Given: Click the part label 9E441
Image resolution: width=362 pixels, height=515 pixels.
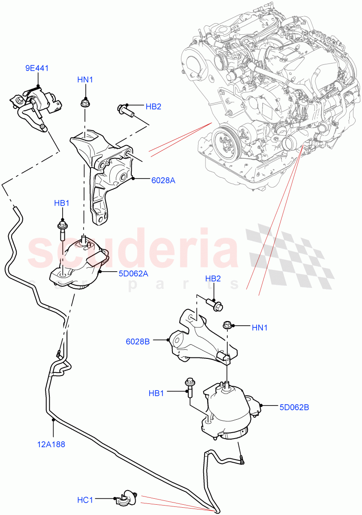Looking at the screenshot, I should click(38, 67).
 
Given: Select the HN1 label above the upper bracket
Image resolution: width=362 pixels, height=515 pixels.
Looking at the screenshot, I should click(85, 80).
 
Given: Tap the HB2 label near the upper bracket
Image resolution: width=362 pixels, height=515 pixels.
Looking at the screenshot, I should click(153, 106).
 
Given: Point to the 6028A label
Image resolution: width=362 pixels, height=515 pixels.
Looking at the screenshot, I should click(163, 181).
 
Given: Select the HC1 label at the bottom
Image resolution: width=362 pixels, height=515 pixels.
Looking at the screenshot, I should click(85, 500).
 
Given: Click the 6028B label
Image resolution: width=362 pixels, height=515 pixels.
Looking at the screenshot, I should click(137, 341).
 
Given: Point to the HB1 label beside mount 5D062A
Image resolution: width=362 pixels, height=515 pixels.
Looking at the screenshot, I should click(62, 203).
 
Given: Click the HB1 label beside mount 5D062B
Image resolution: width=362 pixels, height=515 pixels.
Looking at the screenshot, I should click(157, 393).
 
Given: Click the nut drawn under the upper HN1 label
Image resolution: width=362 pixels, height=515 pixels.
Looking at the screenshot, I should click(84, 103).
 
